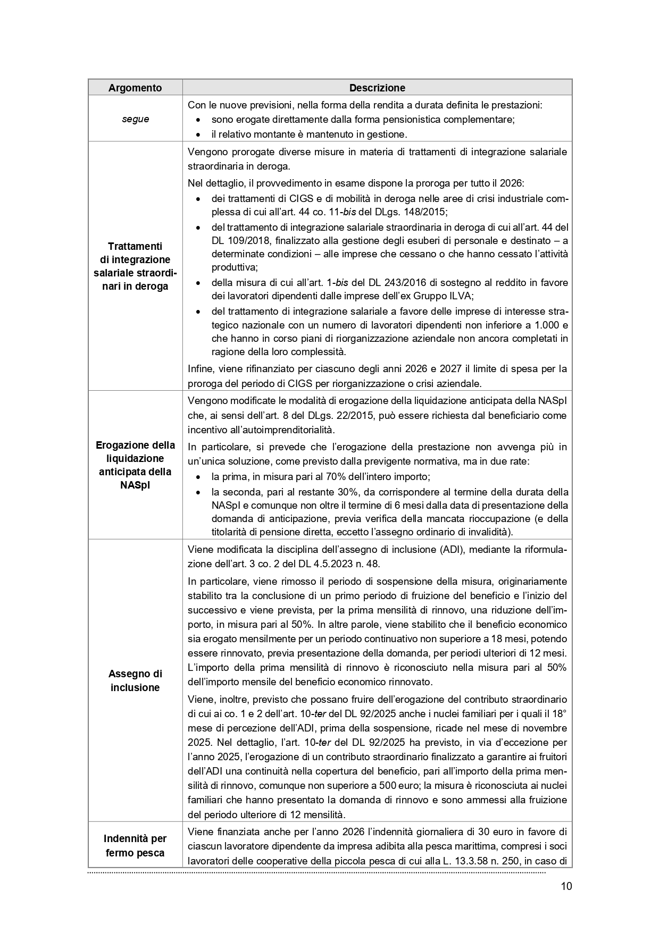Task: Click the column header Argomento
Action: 135,88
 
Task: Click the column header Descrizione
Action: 377,88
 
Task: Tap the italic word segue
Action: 135,119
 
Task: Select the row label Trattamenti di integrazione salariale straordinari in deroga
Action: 135,266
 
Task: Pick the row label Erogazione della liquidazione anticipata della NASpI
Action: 135,465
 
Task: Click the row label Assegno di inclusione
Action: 135,680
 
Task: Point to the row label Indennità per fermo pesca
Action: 135,846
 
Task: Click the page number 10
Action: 566,886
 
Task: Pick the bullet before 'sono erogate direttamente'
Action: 198,120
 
